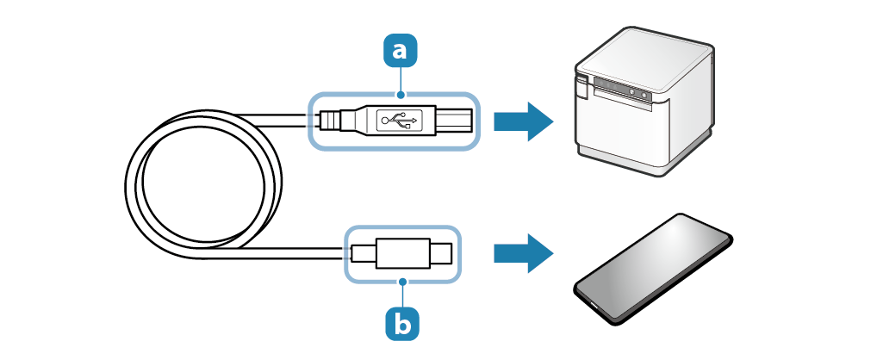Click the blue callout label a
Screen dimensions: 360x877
[x=398, y=50]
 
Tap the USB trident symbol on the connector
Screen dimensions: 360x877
[x=401, y=120]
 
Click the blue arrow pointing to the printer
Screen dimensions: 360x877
[x=522, y=121]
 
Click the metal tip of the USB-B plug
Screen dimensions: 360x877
[x=457, y=121]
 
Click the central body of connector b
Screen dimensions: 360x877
[x=401, y=254]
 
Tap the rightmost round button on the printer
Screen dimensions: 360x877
[x=645, y=92]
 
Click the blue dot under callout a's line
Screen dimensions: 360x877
[x=398, y=92]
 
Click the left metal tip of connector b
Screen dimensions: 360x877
[x=363, y=254]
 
